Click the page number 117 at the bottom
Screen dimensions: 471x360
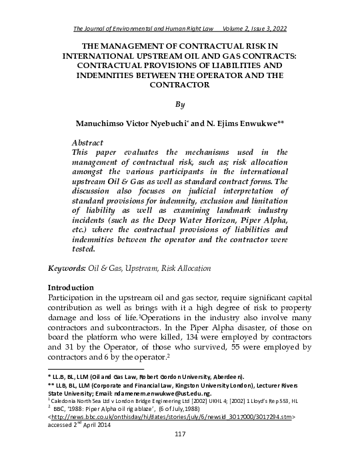pyautogui.click(x=179, y=453)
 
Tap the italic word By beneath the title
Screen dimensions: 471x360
pyautogui.click(x=179, y=105)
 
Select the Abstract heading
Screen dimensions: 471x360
pyautogui.click(x=87, y=143)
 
